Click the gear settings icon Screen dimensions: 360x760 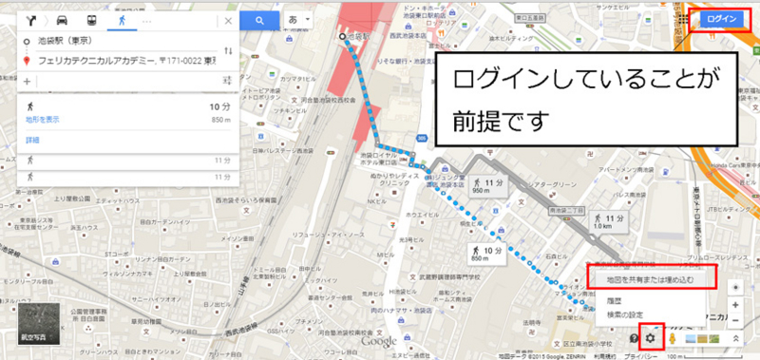[651, 338]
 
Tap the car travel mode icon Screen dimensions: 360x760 [62, 20]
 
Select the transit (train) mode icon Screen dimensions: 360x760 [90, 20]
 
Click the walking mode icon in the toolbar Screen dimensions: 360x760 [121, 20]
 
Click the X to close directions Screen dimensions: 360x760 [228, 20]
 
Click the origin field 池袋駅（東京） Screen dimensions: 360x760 [114, 42]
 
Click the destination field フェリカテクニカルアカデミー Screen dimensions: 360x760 [123, 61]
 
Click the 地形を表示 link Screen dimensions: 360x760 [43, 120]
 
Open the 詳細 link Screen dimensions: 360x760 [33, 140]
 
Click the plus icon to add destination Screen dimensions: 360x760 [27, 82]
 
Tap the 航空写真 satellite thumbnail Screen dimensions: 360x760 [39, 325]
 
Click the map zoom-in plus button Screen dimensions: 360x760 [738, 307]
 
